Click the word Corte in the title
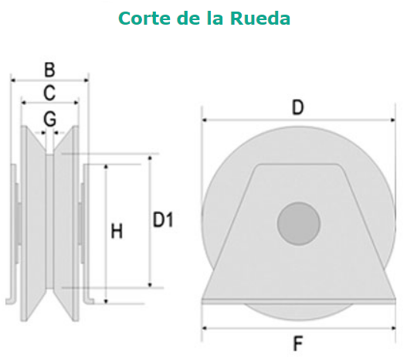click(144, 19)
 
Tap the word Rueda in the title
click(260, 19)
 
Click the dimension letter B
click(49, 70)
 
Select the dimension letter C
click(49, 93)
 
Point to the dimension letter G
click(49, 119)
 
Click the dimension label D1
click(163, 219)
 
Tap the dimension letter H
click(117, 231)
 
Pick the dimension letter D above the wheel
click(298, 107)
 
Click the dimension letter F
click(298, 343)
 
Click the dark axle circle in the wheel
click(299, 224)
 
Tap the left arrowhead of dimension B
click(13, 80)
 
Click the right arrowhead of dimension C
click(76, 103)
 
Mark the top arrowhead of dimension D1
click(150, 158)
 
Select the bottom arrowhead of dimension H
click(106, 301)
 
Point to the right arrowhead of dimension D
click(393, 120)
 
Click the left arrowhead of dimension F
click(205, 328)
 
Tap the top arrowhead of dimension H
click(106, 167)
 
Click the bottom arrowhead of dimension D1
click(150, 285)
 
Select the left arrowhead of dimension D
click(205, 120)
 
